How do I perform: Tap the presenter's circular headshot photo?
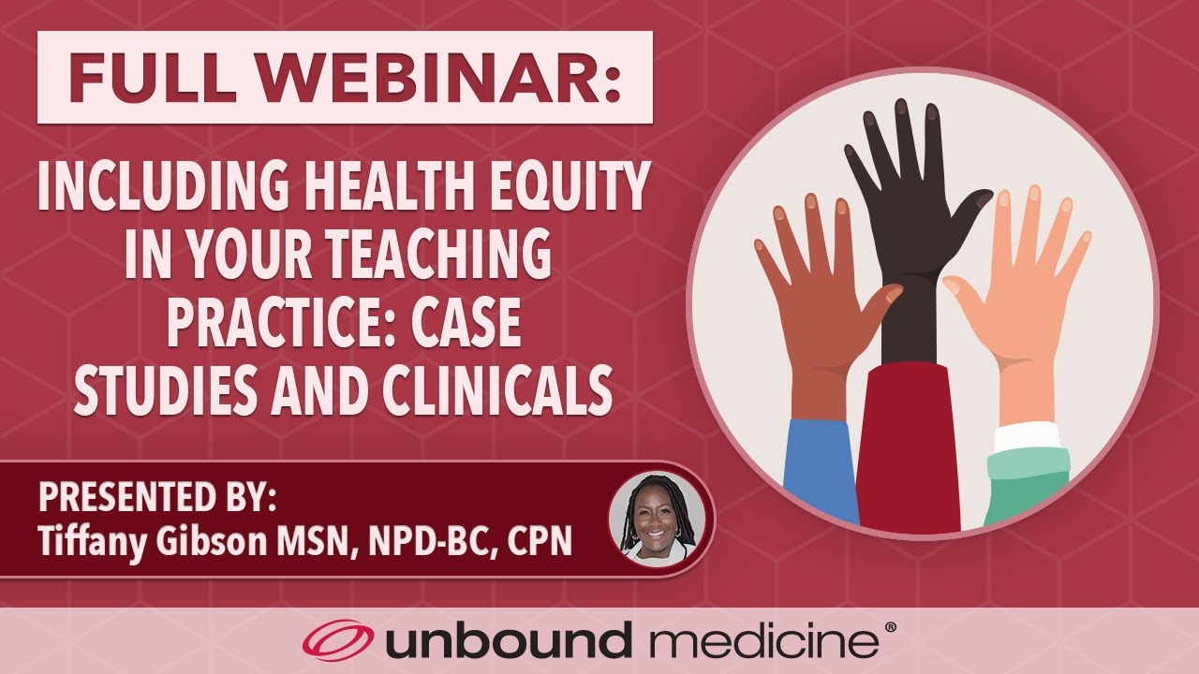click(654, 518)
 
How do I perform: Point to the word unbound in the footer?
click(507, 642)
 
